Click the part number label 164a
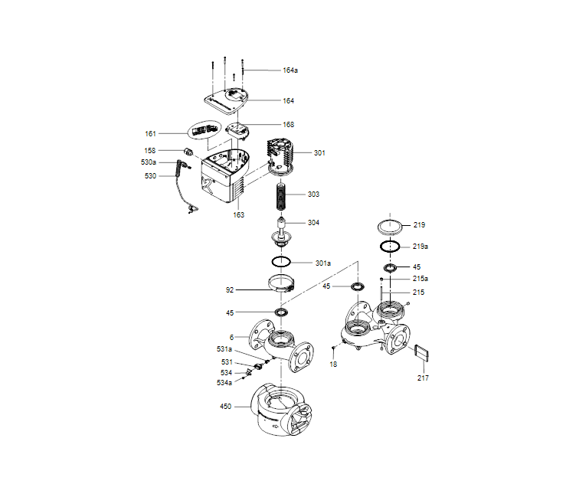pos(290,70)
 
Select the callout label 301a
pos(323,263)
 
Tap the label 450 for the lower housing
pos(225,407)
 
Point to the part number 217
pos(423,378)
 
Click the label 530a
pos(149,162)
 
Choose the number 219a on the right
pos(420,247)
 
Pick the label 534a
pos(224,382)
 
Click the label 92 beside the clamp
pos(230,290)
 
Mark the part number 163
pos(239,215)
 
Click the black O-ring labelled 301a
pos(281,262)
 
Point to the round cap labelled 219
pos(391,226)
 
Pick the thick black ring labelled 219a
pos(390,247)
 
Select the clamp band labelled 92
pos(282,286)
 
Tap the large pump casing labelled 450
pos(282,410)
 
